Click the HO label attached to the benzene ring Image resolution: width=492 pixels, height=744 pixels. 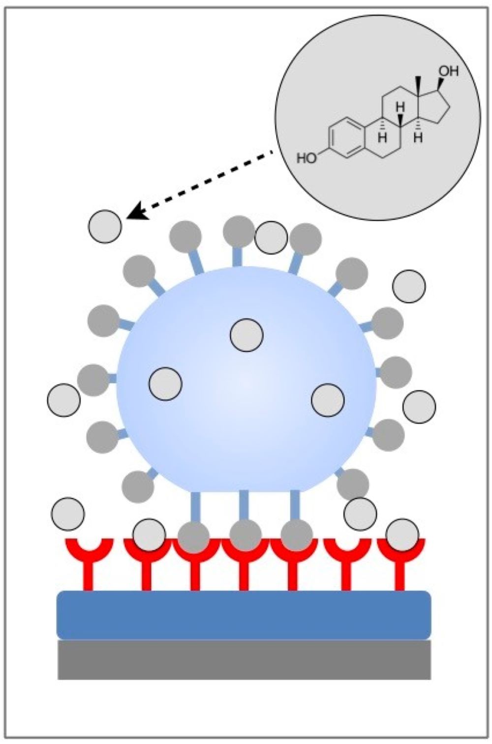(x=307, y=158)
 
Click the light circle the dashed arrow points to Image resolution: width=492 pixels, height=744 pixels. (x=105, y=226)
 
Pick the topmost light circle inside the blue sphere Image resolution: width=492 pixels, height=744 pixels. (x=246, y=335)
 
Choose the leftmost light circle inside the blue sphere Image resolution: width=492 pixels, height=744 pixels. (x=165, y=383)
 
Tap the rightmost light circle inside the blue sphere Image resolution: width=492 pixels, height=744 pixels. (x=328, y=399)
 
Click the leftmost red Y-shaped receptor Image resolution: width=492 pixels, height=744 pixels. (x=89, y=561)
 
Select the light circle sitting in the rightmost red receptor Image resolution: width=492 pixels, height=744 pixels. (x=402, y=535)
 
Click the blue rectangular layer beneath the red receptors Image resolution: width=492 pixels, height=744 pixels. (x=244, y=615)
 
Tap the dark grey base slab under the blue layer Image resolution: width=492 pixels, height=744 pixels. (x=244, y=660)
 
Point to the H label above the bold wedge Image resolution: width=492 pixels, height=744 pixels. (x=400, y=106)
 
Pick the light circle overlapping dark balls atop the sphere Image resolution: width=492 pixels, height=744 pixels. (x=271, y=237)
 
